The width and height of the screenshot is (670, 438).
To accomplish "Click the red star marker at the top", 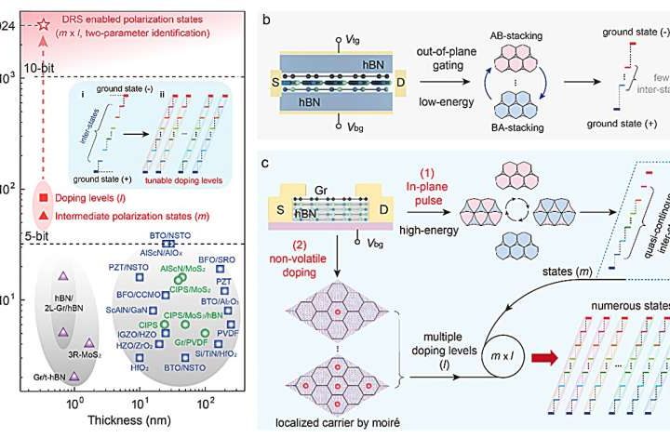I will point(42,20).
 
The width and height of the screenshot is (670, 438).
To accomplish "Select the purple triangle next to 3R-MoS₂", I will point(89,342).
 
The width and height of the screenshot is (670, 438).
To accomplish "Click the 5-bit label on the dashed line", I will point(38,236).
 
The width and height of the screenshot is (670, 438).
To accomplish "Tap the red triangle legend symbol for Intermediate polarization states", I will point(43,215).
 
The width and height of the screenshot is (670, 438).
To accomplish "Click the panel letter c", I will point(266,165).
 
